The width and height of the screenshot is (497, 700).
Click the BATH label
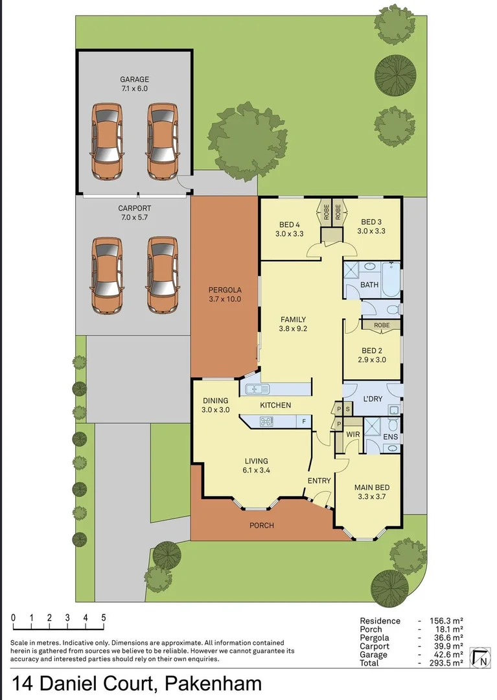click(369, 285)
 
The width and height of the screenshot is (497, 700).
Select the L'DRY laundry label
click(372, 398)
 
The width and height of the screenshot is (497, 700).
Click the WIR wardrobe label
click(353, 434)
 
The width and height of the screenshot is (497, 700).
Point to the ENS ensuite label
click(390, 437)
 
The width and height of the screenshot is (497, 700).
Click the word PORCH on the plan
click(262, 525)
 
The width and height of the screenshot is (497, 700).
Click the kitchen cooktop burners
click(266, 421)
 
